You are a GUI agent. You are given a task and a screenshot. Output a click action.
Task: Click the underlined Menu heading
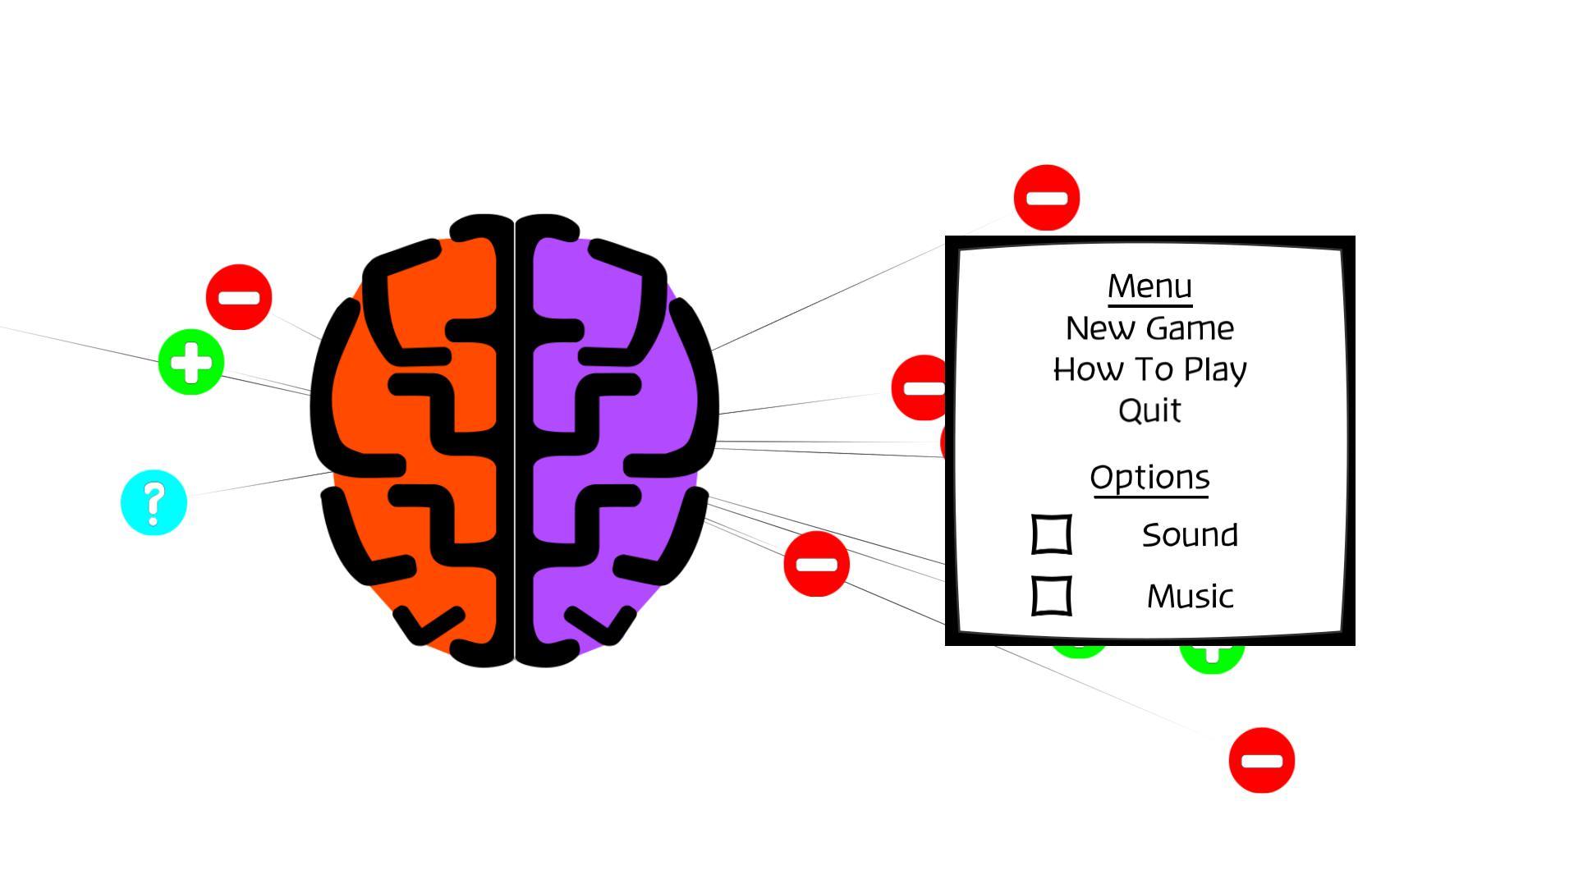point(1149,286)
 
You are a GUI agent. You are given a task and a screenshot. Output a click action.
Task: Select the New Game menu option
point(1149,328)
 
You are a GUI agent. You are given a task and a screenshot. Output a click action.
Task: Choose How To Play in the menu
point(1149,369)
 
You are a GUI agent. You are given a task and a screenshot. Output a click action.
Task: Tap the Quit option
point(1149,410)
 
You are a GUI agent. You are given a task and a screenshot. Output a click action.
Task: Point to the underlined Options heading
point(1149,477)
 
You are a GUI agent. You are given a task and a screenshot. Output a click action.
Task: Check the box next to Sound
point(1051,534)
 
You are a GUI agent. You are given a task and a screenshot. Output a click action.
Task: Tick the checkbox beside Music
point(1051,596)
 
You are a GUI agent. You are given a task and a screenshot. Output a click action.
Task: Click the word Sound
point(1189,535)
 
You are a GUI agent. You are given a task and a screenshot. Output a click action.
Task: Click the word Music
point(1189,597)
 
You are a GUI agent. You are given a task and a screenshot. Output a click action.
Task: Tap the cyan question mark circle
point(154,502)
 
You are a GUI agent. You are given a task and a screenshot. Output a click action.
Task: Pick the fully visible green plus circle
point(190,362)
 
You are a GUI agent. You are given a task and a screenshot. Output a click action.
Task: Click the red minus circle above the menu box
point(1046,198)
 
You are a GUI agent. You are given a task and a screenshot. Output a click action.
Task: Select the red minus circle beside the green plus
point(238,297)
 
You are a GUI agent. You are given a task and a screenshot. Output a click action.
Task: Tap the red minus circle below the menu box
point(1261,760)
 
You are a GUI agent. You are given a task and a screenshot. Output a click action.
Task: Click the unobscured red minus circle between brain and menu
point(816,564)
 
